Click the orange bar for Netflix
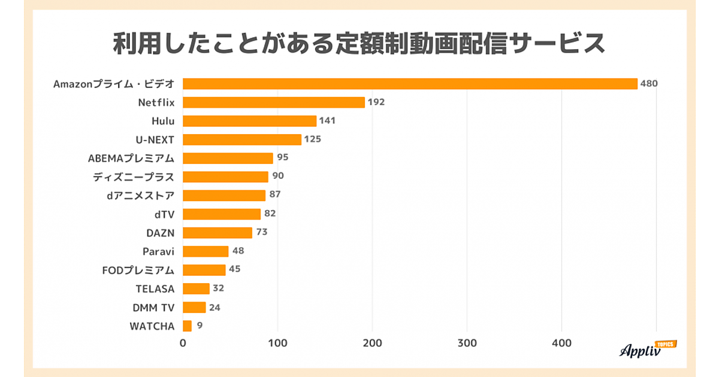(274, 102)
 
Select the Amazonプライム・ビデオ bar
(410, 84)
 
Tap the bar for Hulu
(249, 121)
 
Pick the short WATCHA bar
(187, 326)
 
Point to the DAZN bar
(217, 233)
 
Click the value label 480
(649, 84)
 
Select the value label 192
(376, 102)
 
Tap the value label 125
(313, 139)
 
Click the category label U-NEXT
(155, 139)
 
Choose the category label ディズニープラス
(134, 177)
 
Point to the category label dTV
(165, 214)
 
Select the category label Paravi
(159, 251)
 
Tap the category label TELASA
(155, 288)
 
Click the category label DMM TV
(153, 308)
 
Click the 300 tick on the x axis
(467, 343)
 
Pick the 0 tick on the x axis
(183, 343)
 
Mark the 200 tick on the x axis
(372, 343)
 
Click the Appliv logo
(647, 349)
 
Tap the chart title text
(359, 44)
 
